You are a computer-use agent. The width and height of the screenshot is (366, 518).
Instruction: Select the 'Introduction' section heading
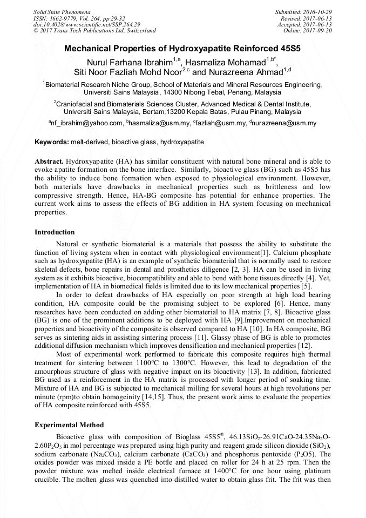coord(55,232)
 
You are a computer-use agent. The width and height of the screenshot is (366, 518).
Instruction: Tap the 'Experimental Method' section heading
coord(69,425)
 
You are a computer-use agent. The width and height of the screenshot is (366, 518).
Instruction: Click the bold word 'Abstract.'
coord(49,162)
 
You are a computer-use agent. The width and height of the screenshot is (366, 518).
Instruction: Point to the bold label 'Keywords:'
coord(52,142)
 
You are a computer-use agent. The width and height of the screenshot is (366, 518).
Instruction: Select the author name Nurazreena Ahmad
coord(238,72)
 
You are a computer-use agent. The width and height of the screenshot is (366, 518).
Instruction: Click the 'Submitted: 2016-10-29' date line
coord(303,11)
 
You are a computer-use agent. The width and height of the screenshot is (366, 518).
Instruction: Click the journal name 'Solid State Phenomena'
coord(61,11)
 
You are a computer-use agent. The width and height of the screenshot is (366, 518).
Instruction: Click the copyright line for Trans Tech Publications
coord(94,31)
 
